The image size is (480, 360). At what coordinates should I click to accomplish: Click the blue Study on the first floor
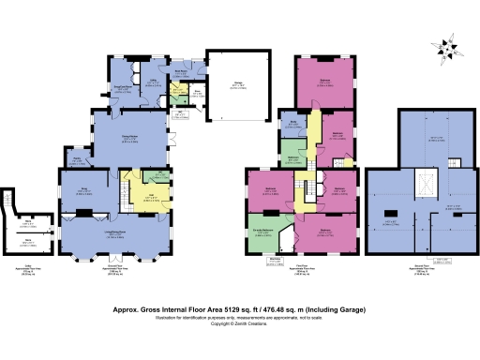[x=293, y=123]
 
